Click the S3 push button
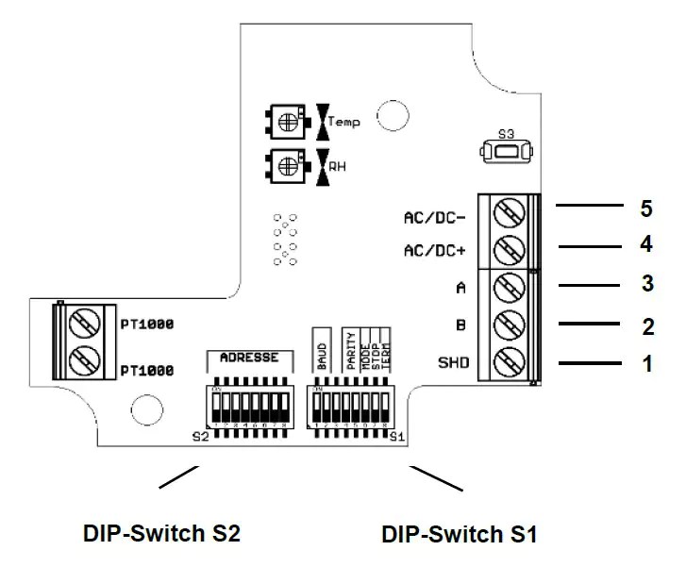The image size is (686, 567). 502,151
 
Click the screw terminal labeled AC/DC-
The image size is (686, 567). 509,214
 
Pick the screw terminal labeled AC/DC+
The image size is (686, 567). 509,250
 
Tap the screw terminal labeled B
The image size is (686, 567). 509,325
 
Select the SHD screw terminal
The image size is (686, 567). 509,361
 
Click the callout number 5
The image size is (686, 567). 646,206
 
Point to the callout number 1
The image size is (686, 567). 646,362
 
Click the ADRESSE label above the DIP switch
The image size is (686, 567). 248,358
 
